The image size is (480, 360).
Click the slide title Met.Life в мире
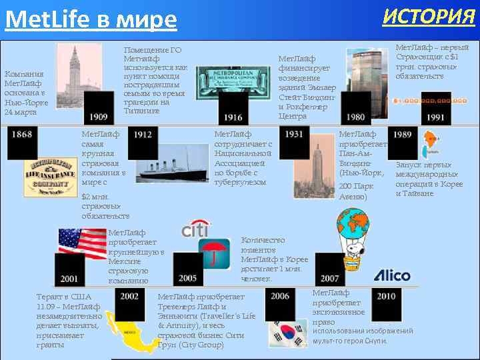[91, 20]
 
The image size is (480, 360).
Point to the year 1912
[142, 135]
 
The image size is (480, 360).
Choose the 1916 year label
[233, 117]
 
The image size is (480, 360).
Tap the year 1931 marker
[293, 135]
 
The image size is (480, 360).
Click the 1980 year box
[355, 117]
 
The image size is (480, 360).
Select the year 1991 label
[435, 117]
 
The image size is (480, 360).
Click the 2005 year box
[187, 278]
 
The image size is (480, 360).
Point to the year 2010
[385, 296]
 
